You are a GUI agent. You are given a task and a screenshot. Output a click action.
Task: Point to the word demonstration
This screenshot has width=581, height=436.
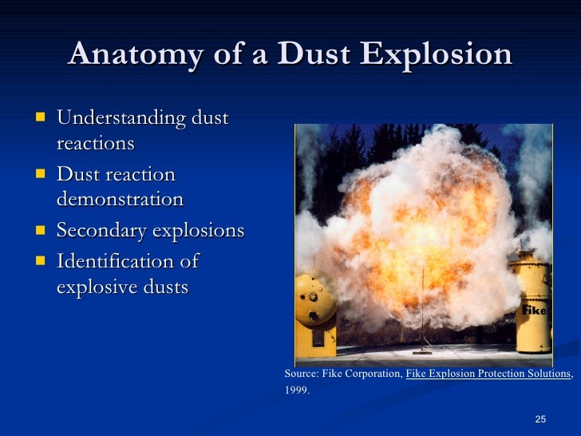120,199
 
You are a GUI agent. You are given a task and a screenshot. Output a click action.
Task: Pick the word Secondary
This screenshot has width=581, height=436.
104,231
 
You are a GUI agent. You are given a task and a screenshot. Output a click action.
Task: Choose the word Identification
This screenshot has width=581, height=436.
115,262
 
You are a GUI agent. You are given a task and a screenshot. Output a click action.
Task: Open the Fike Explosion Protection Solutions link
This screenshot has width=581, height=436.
488,374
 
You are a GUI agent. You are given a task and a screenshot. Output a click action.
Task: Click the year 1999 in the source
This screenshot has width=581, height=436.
294,391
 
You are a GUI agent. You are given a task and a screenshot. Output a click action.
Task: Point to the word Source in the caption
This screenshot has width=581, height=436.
300,374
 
